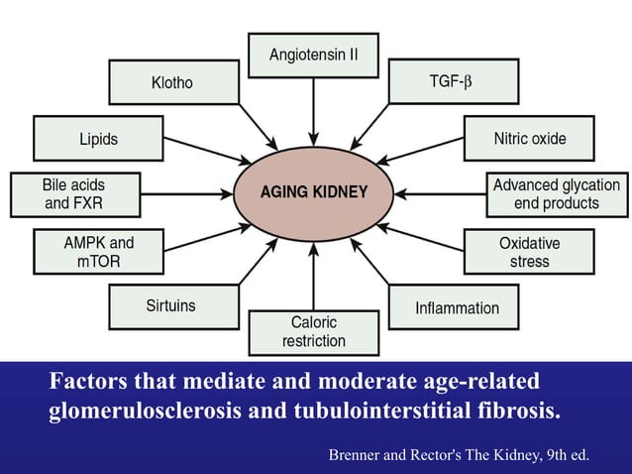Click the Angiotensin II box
point(313,56)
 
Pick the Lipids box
point(98,139)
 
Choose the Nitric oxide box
point(530,139)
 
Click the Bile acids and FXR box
point(73,194)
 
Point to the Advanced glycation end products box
point(557,194)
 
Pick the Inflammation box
point(457,307)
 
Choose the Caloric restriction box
point(313,332)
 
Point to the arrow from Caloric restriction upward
point(313,278)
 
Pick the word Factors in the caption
point(90,382)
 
